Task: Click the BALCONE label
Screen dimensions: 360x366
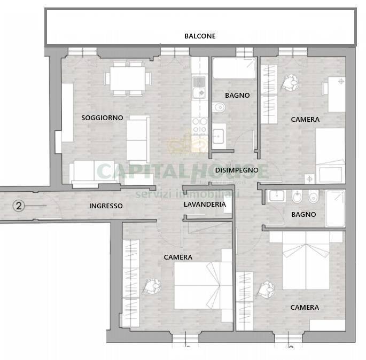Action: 200,36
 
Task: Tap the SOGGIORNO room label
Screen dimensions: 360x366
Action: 102,118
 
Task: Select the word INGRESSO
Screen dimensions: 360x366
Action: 106,206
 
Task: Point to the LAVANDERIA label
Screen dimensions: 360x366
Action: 205,204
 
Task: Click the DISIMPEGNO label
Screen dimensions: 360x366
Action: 237,170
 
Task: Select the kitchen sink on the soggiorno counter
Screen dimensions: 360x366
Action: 200,86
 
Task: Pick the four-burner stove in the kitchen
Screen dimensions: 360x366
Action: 200,128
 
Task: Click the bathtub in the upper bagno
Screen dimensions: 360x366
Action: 234,68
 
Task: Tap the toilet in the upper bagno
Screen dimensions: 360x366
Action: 219,108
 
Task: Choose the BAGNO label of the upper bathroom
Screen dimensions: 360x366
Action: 237,96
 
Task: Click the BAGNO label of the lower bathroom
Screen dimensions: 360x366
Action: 303,214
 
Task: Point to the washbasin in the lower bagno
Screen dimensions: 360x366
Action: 277,196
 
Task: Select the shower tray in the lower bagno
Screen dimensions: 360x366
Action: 336,208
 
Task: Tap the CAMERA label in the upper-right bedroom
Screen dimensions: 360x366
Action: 305,120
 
